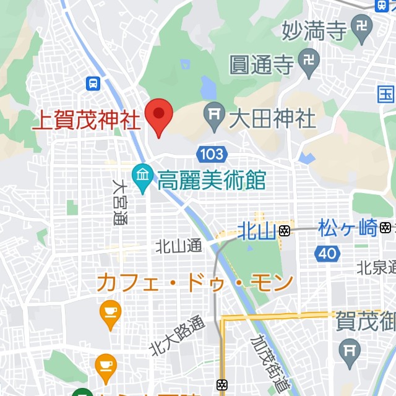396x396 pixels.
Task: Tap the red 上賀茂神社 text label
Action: [x=86, y=118]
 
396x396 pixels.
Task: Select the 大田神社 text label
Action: [x=272, y=118]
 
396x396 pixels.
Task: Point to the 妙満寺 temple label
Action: [x=314, y=29]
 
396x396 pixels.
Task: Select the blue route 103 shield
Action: [x=211, y=153]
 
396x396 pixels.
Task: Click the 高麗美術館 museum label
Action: [x=211, y=181]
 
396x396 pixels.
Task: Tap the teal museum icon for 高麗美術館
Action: [x=142, y=177]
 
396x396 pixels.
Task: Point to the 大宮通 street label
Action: [x=119, y=202]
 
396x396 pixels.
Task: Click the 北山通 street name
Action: [x=179, y=246]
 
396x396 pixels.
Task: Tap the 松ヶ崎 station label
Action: [x=347, y=228]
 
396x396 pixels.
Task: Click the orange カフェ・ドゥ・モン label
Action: [x=194, y=283]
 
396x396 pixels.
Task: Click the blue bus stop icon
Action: [x=93, y=82]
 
